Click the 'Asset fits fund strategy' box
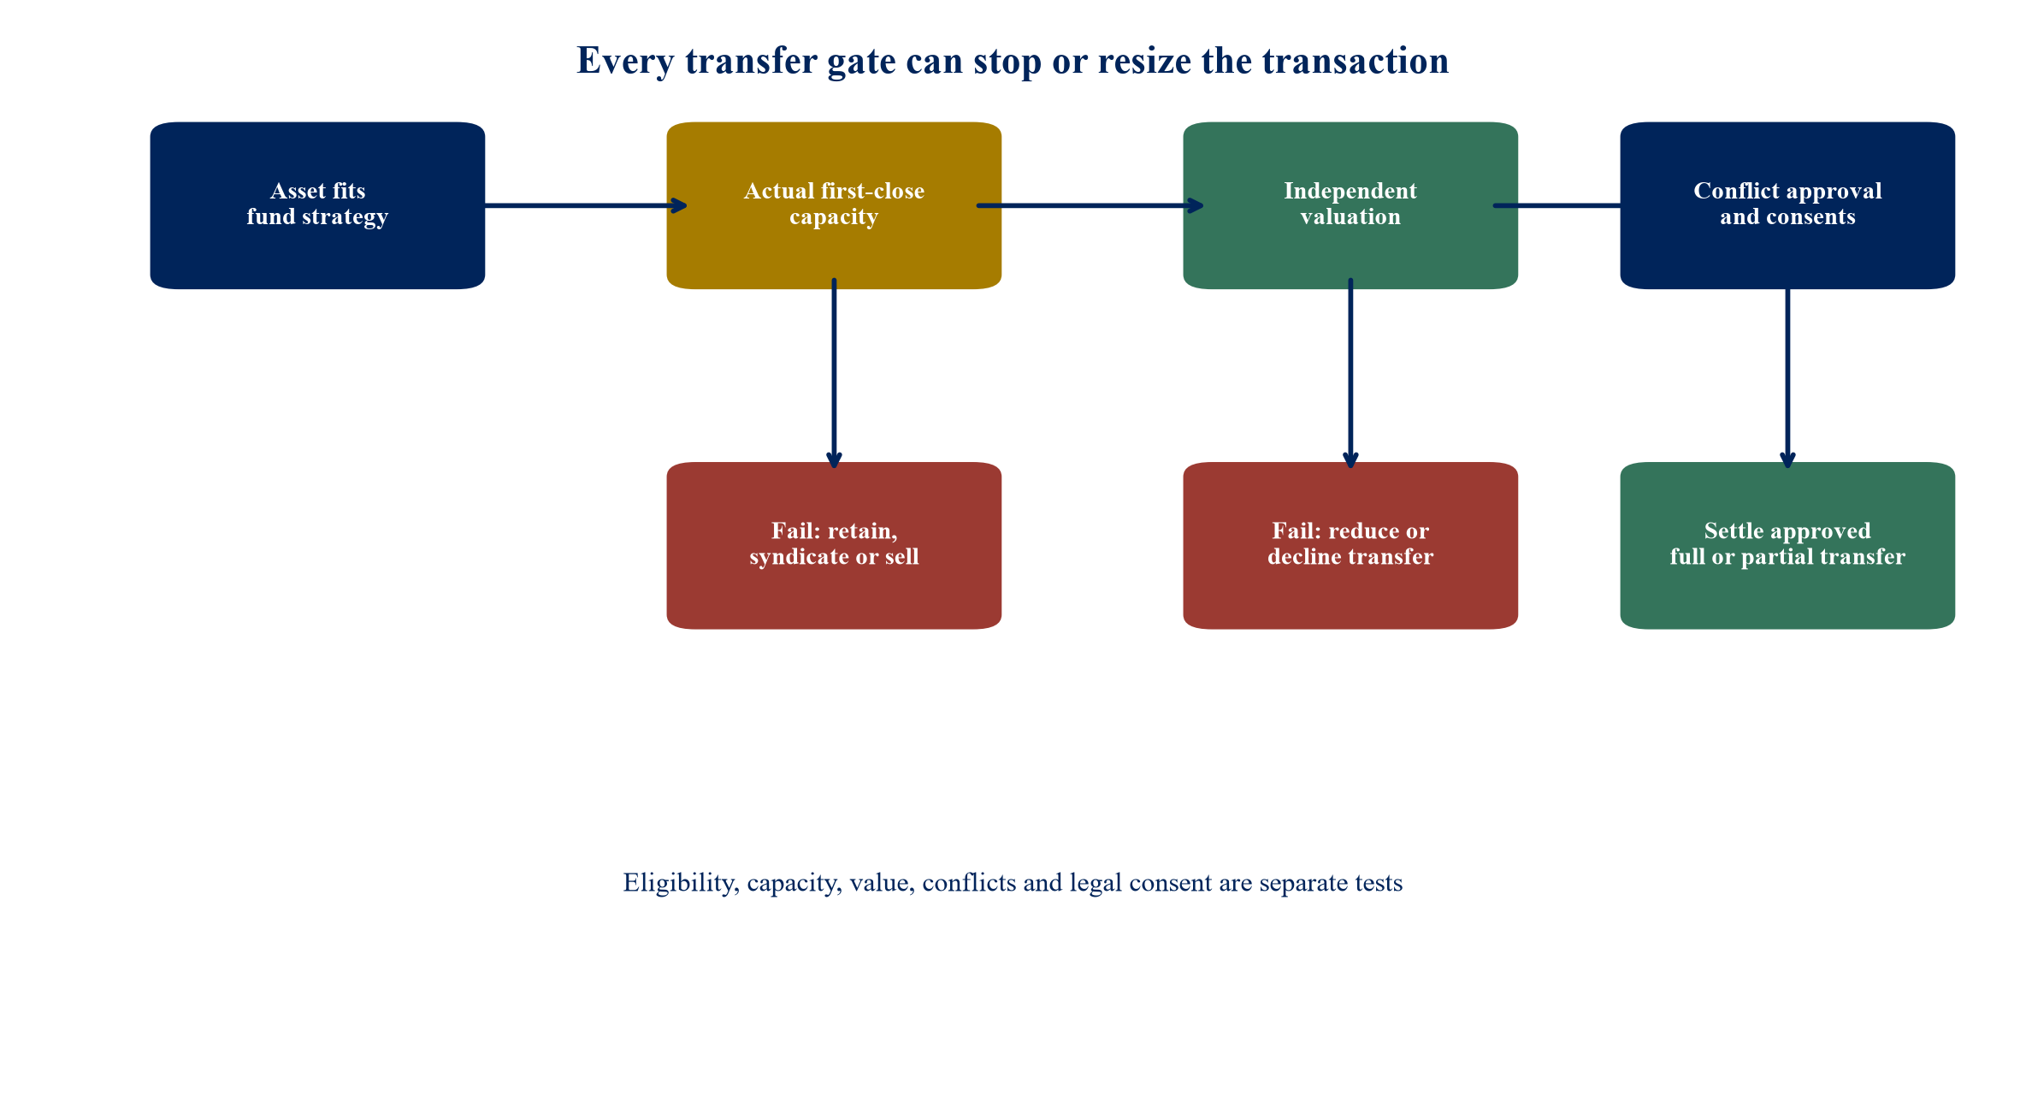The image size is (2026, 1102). point(317,205)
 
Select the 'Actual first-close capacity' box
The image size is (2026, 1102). point(834,205)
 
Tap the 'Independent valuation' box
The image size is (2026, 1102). point(1350,205)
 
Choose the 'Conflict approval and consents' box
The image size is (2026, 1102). point(1787,205)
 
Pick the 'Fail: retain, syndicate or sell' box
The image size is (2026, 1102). point(834,546)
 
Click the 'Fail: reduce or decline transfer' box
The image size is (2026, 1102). point(1350,546)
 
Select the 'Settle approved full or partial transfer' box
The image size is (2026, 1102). point(1787,546)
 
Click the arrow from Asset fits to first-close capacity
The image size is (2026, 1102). point(586,205)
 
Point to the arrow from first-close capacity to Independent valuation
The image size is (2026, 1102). point(1090,205)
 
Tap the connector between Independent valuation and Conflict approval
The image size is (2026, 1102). point(1557,205)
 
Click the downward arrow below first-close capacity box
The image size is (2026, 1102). point(834,373)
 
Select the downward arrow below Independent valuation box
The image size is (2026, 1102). point(1350,373)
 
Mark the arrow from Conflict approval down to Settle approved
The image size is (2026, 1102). point(1787,378)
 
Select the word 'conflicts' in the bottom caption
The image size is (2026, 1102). point(969,882)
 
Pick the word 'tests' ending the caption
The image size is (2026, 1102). point(1377,883)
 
